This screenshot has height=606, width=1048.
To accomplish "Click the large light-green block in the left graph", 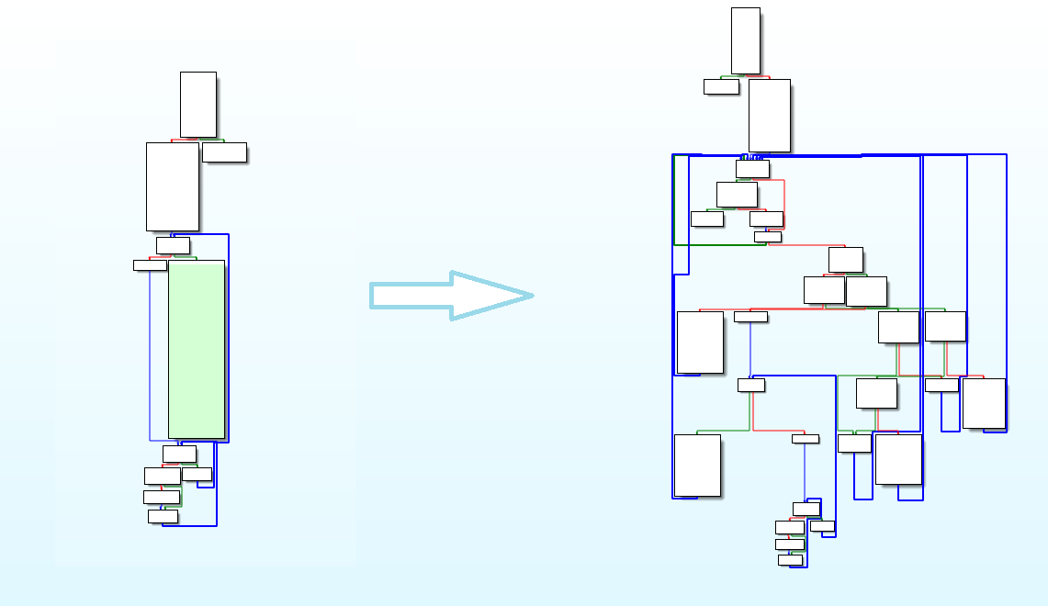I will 197,349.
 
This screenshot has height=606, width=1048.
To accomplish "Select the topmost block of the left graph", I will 198,104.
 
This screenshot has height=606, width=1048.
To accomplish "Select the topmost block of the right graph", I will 746,39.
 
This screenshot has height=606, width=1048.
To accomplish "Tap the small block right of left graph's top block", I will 224,151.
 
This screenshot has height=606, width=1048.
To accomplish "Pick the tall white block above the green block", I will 173,186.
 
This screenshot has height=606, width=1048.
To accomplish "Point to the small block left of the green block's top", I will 150,265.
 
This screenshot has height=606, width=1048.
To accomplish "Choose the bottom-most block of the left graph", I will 163,516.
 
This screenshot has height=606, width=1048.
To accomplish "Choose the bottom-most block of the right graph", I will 790,560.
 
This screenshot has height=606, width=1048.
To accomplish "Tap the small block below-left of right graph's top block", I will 721,86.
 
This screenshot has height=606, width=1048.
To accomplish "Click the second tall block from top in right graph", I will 770,115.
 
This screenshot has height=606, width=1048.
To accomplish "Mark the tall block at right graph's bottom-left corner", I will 697,465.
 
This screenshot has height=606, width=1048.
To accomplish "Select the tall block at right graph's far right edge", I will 984,402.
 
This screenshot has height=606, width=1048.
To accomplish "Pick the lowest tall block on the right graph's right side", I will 898,458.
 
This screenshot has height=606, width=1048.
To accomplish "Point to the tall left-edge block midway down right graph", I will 700,342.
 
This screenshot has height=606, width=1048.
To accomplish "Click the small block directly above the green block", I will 173,245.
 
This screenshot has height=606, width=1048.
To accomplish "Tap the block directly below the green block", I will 179,454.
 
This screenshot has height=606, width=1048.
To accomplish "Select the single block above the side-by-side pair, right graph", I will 845,260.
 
